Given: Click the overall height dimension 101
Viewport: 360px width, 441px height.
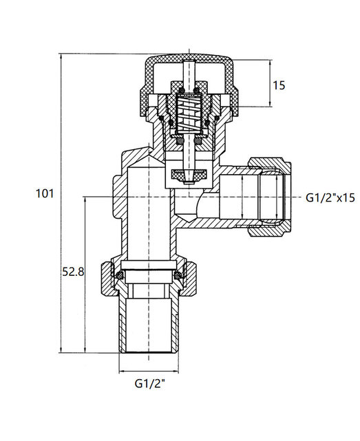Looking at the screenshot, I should coord(44,194).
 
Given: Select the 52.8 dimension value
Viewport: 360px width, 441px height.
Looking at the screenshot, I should coord(73,272).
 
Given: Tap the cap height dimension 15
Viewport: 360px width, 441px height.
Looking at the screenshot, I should coord(279,85).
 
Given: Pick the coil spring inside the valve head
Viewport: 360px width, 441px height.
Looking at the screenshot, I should coord(187,116).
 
